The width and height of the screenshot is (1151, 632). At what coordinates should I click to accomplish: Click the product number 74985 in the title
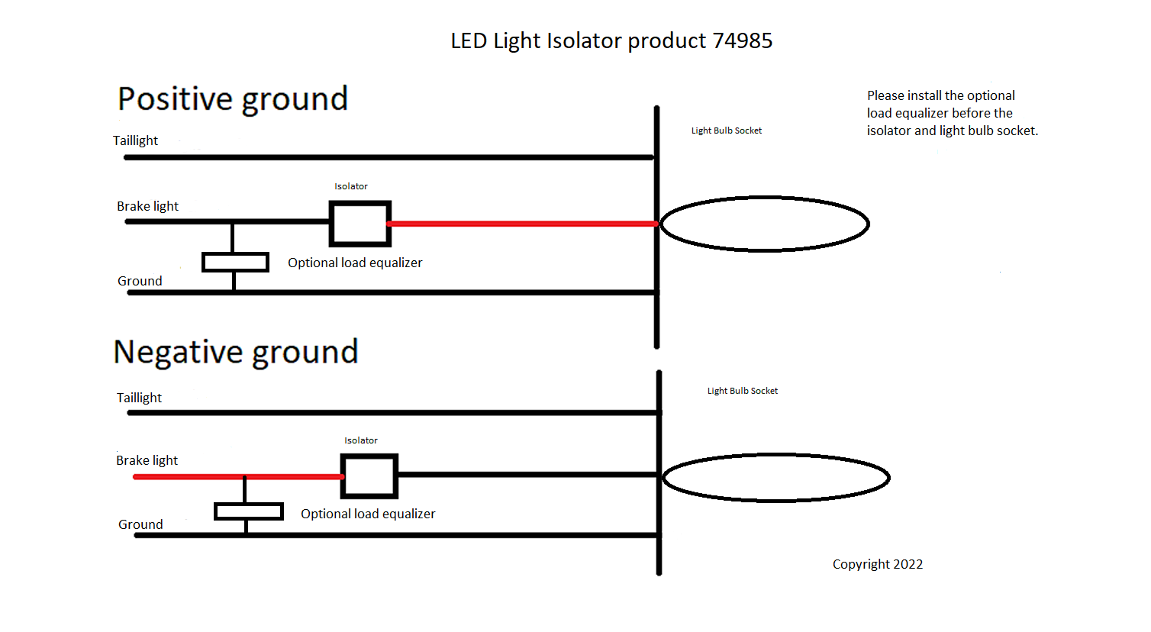point(742,40)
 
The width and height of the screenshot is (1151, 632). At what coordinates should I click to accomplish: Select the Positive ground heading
point(233,99)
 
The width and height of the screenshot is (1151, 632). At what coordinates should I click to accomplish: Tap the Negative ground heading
point(235,352)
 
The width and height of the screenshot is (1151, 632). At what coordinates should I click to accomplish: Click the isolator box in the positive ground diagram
point(360,224)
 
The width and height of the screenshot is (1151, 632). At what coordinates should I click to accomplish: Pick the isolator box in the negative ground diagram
point(369,476)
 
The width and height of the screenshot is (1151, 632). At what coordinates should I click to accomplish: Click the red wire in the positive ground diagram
point(523,224)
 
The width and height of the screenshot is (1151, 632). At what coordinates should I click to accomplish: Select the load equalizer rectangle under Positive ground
point(235,263)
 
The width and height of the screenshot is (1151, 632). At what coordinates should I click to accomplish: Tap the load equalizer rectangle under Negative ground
point(249,511)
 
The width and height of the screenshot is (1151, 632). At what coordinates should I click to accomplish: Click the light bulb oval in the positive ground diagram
point(764,224)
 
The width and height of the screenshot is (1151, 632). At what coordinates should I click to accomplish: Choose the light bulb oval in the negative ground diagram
point(775,478)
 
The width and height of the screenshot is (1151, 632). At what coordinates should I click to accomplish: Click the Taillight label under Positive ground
point(135,140)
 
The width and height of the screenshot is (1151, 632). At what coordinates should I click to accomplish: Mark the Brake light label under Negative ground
point(147,460)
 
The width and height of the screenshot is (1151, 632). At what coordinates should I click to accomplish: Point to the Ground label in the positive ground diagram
point(140,281)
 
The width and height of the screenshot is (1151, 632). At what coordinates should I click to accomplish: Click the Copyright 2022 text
point(877,564)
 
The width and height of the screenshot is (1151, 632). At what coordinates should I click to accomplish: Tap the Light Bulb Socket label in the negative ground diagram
point(742,391)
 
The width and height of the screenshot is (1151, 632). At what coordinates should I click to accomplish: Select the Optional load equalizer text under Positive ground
point(355,263)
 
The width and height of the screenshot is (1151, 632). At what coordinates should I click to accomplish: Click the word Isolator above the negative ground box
point(360,440)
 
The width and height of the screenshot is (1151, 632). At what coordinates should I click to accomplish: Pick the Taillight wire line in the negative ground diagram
point(393,413)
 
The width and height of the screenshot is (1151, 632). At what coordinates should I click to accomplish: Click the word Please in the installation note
point(885,95)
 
